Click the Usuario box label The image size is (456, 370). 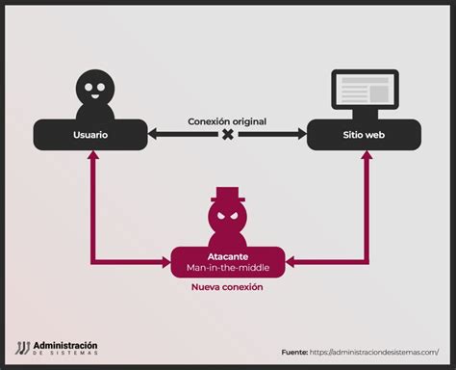tap(89, 135)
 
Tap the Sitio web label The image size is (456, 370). tap(364, 135)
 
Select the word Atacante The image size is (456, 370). tap(228, 257)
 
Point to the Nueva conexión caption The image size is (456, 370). tap(228, 287)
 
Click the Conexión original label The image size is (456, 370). tap(227, 121)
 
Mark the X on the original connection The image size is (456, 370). tap(228, 135)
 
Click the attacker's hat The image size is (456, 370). tap(228, 196)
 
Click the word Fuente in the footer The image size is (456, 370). tap(294, 352)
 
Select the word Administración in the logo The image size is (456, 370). tap(65, 345)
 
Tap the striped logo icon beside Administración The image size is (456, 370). tap(22, 349)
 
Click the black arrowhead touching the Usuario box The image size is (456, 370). tap(153, 135)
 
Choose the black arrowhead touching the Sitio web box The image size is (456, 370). tap(302, 135)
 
